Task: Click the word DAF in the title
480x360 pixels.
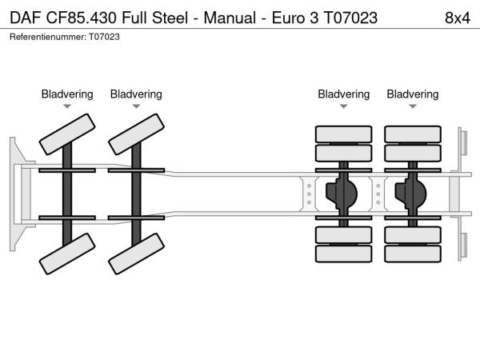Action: click(x=25, y=17)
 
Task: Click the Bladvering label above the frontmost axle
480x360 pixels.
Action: click(x=67, y=94)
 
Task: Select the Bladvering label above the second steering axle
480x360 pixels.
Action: click(x=136, y=94)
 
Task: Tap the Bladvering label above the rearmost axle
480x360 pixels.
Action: click(x=413, y=94)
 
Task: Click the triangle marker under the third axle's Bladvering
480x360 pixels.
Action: click(x=344, y=106)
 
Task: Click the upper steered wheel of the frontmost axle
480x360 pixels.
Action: click(x=68, y=133)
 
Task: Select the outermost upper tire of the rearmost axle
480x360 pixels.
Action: click(x=413, y=134)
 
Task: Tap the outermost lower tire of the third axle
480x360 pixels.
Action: click(x=344, y=254)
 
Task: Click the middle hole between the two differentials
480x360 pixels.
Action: click(x=378, y=193)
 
